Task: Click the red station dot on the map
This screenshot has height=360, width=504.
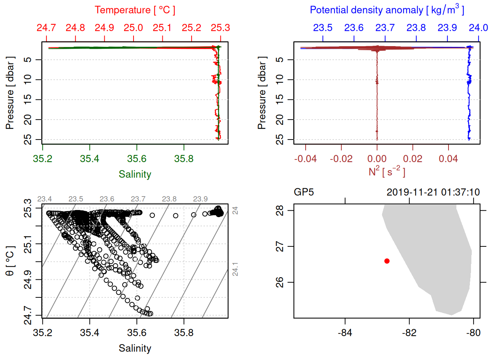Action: pyautogui.click(x=387, y=261)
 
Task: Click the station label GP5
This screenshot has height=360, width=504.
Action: pyautogui.click(x=304, y=192)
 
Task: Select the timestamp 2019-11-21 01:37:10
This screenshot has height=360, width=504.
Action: pyautogui.click(x=433, y=192)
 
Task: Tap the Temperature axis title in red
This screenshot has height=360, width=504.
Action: pyautogui.click(x=135, y=10)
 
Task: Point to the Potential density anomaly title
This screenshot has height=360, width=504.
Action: pyautogui.click(x=387, y=10)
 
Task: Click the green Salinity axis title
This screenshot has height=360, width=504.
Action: pyautogui.click(x=135, y=174)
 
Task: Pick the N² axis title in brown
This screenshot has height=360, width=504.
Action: pyautogui.click(x=387, y=171)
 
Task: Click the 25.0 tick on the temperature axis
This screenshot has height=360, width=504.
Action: pyautogui.click(x=133, y=28)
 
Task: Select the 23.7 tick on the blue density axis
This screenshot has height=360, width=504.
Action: pyautogui.click(x=385, y=28)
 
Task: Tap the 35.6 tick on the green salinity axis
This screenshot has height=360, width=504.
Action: pyautogui.click(x=136, y=159)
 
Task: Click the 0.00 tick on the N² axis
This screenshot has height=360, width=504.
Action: pyautogui.click(x=377, y=159)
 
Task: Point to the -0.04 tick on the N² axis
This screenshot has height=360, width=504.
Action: pyautogui.click(x=305, y=159)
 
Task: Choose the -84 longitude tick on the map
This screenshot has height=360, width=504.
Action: pyautogui.click(x=345, y=333)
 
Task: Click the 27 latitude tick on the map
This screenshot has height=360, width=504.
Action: pyautogui.click(x=280, y=247)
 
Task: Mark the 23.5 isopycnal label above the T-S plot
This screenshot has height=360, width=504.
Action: pyautogui.click(x=76, y=199)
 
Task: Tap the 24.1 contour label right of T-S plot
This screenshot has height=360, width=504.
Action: pyautogui.click(x=235, y=269)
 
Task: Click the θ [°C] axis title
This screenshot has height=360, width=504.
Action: pyautogui.click(x=10, y=261)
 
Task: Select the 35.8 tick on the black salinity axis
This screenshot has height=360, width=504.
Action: pyautogui.click(x=184, y=333)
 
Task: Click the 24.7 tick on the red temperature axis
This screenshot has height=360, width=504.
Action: pyautogui.click(x=46, y=28)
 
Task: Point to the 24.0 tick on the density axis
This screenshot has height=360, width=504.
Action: pyautogui.click(x=478, y=28)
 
